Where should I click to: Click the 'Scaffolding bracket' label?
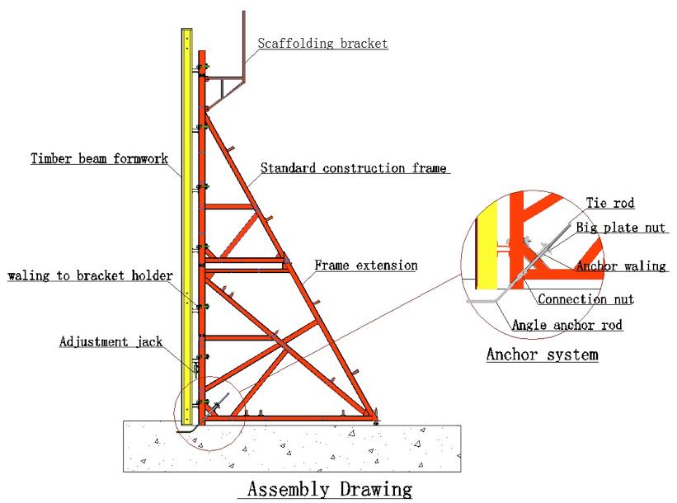(x=322, y=43)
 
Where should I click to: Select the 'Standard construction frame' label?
(x=354, y=169)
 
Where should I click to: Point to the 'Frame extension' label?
(x=366, y=266)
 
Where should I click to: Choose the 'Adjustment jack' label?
(x=110, y=341)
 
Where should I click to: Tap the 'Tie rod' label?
(x=610, y=203)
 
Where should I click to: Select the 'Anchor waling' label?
(x=622, y=266)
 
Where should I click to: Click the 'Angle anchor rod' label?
(x=567, y=325)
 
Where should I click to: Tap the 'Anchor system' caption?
(x=542, y=355)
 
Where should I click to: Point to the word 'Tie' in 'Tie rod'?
(x=595, y=203)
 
